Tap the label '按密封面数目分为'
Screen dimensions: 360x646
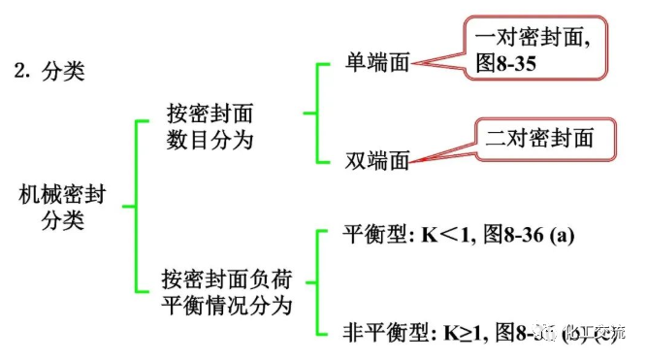(209, 126)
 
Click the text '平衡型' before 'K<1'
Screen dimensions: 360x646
(374, 235)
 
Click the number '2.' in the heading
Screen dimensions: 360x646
(21, 73)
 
